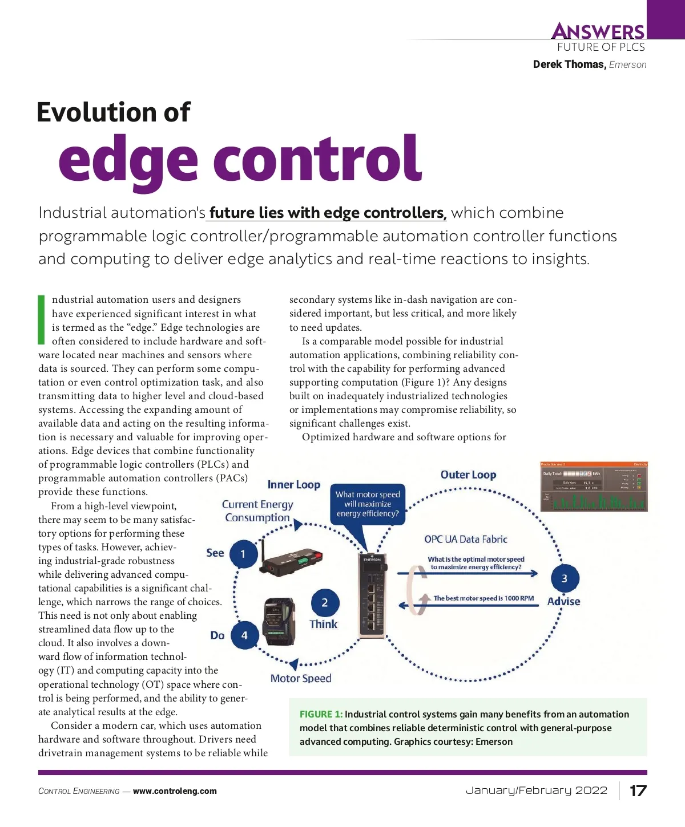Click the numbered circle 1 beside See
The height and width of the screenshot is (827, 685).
click(243, 554)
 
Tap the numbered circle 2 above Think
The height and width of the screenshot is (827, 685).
click(325, 603)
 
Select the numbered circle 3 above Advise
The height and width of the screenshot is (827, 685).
click(565, 578)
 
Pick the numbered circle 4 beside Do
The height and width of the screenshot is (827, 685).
click(244, 635)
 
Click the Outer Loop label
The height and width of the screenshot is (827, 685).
click(468, 475)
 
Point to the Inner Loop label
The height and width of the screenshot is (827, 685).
click(294, 484)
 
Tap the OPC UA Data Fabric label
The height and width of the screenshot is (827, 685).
click(465, 539)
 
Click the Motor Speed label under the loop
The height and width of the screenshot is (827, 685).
click(301, 678)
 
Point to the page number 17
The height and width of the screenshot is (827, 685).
click(638, 790)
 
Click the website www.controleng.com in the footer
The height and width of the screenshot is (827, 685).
click(175, 791)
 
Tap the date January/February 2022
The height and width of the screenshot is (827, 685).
click(537, 790)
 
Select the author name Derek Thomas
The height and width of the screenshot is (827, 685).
click(569, 64)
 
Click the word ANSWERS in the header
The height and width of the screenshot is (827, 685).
click(598, 31)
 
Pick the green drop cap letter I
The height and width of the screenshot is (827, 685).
click(41, 320)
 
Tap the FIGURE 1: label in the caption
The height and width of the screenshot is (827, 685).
click(321, 714)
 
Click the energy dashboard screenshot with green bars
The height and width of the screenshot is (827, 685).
click(594, 486)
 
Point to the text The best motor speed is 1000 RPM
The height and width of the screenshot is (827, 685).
click(483, 598)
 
